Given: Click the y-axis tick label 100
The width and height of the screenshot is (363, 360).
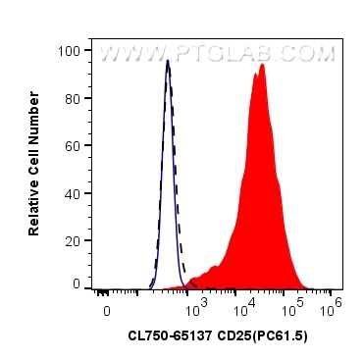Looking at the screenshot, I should (x=70, y=48).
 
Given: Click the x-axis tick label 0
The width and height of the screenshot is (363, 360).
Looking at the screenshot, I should (x=107, y=310).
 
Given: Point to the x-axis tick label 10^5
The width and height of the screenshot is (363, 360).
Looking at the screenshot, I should (x=290, y=308).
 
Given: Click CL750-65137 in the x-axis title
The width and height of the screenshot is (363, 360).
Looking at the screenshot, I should (x=167, y=336).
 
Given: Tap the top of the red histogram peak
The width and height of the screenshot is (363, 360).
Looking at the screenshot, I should (x=262, y=66).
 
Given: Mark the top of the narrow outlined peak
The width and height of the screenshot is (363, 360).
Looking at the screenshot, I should (x=168, y=61).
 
